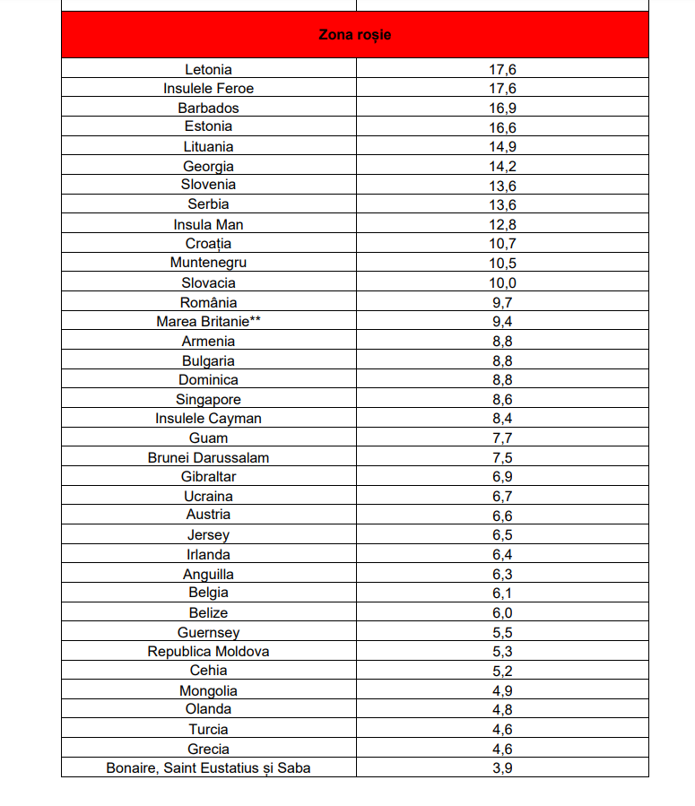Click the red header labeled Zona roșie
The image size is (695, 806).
point(355,35)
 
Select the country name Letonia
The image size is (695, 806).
point(208,69)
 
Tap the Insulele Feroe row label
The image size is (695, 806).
point(208,89)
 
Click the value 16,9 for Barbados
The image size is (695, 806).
point(502,108)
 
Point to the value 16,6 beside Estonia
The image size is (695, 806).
point(502,127)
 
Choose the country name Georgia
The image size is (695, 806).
point(208,167)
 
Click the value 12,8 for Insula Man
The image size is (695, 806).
point(502,225)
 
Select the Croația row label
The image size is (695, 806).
point(208,244)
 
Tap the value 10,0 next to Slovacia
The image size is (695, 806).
point(502,283)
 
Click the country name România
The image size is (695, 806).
point(208,303)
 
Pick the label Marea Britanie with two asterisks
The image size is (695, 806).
point(208,322)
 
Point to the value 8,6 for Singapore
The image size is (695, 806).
point(502,400)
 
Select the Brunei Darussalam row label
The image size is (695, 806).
point(208,457)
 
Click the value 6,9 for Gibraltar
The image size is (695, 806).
point(502,477)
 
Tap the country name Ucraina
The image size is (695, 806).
point(208,497)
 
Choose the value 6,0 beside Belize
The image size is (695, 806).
point(502,613)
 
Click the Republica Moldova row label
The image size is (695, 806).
point(208,652)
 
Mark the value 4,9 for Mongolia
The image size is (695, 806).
point(502,691)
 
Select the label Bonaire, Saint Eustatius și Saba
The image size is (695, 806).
point(208,768)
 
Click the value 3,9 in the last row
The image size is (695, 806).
point(502,768)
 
